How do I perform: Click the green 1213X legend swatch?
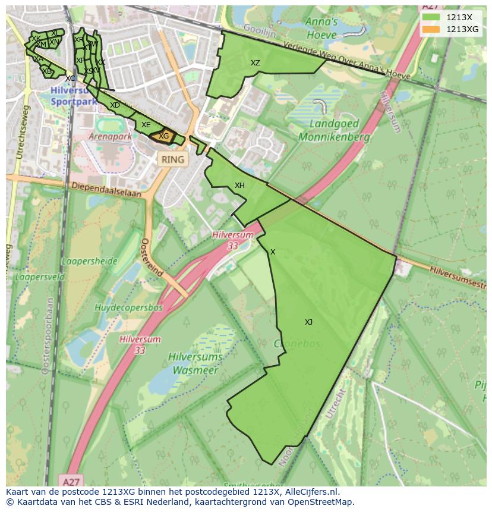click(x=431, y=17)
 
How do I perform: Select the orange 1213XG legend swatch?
click(x=431, y=29)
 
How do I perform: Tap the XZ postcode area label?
click(x=255, y=63)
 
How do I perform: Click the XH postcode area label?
click(x=239, y=186)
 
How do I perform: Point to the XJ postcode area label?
click(x=308, y=322)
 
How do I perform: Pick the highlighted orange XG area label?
click(x=163, y=136)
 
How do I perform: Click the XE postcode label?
click(x=146, y=125)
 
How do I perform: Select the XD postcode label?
click(x=115, y=105)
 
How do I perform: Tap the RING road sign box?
click(x=173, y=159)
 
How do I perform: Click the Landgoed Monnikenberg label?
click(x=334, y=131)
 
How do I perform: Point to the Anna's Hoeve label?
click(x=321, y=28)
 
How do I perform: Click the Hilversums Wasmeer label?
click(x=196, y=363)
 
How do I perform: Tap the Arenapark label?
click(x=110, y=136)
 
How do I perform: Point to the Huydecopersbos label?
click(x=128, y=307)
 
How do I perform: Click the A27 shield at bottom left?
click(x=71, y=479)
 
